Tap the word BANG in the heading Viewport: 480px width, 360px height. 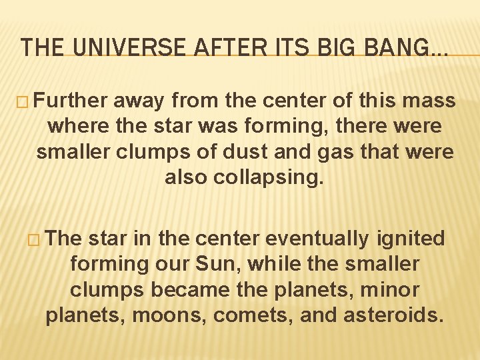(394, 47)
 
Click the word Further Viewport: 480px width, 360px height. (70, 101)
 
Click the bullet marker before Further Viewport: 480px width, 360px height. (24, 102)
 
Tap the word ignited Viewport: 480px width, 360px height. (411, 239)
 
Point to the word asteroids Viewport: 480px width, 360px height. (393, 315)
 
